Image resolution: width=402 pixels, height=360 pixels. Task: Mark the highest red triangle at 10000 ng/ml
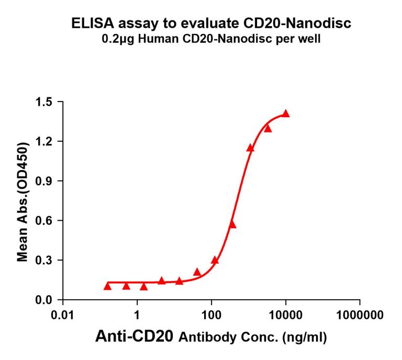pos(286,114)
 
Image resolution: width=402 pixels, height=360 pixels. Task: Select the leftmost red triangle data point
pos(107,286)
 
